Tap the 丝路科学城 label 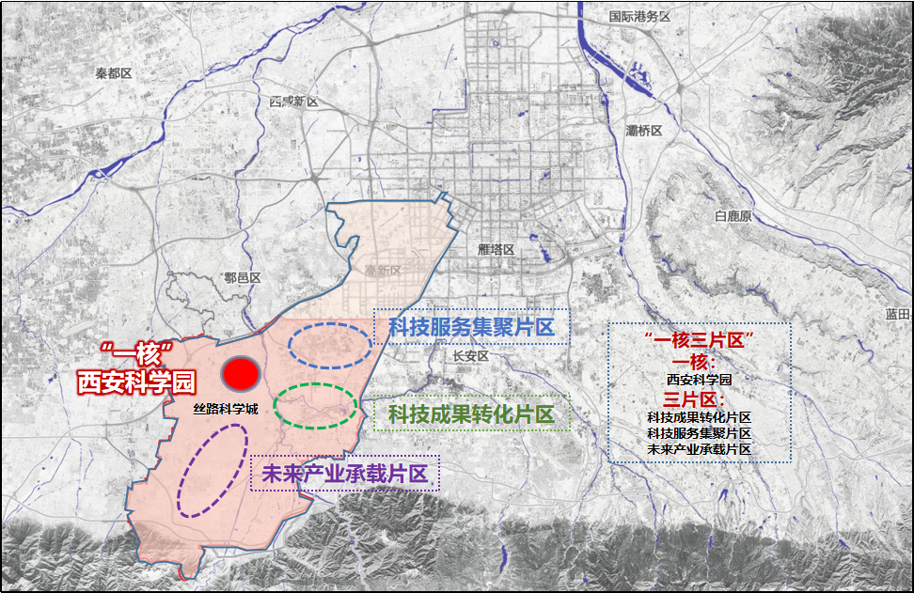[x=225, y=409]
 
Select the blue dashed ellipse [x=329, y=345]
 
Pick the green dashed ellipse [x=315, y=406]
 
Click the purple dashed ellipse [x=212, y=469]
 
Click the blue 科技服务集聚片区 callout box [x=471, y=327]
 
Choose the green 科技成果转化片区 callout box [x=471, y=414]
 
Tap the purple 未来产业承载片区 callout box [x=345, y=475]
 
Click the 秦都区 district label [x=116, y=73]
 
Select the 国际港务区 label [x=638, y=17]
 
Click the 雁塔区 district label [x=496, y=250]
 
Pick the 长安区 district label [x=470, y=357]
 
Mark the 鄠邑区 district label [x=242, y=277]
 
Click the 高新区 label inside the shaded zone [x=383, y=271]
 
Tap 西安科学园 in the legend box [x=700, y=381]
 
